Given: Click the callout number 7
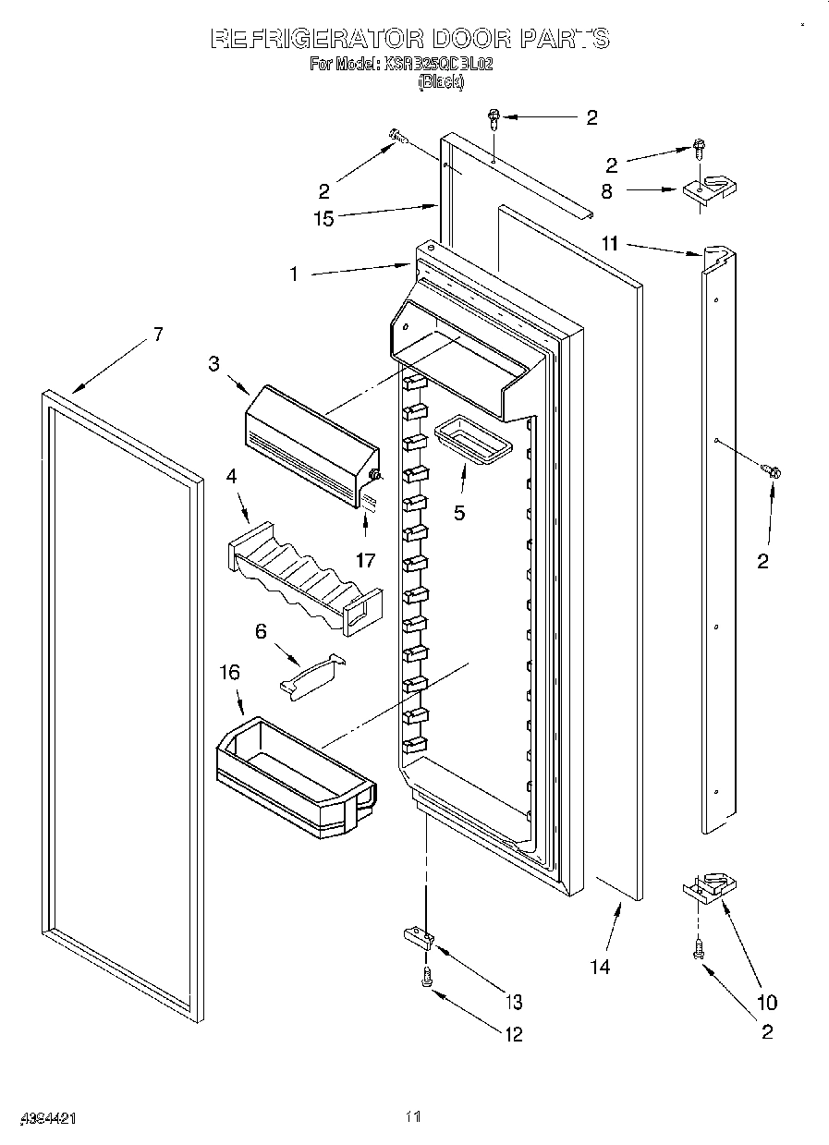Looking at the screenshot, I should [x=158, y=334].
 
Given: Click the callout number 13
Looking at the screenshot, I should [x=513, y=1002].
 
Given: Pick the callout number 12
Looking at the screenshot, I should [x=513, y=1034].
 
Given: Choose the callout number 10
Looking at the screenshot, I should [x=766, y=1002].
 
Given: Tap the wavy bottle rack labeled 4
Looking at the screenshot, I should [x=303, y=578].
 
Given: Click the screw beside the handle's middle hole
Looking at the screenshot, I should [x=773, y=471].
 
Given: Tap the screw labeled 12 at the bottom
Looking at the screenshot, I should [x=427, y=977].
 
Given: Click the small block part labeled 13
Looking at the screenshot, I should [x=419, y=939].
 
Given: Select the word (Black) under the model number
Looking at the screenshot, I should [x=441, y=82].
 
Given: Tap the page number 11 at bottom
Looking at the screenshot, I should [x=413, y=1117].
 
